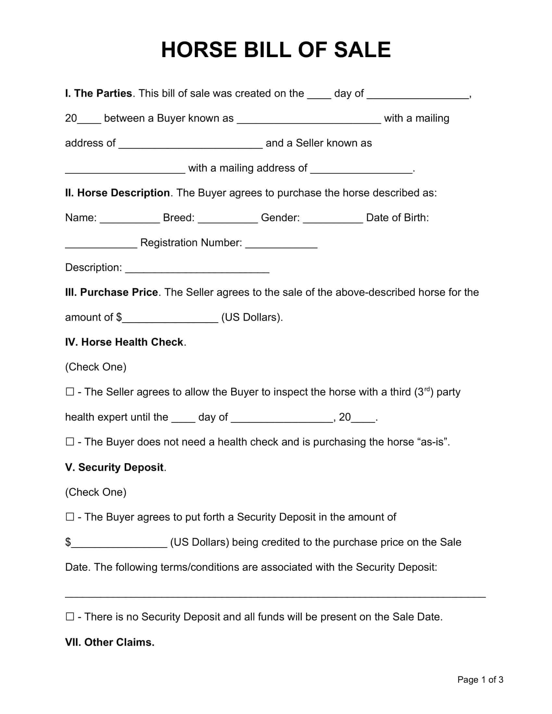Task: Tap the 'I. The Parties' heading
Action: pyautogui.click(x=98, y=93)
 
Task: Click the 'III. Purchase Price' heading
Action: pyautogui.click(x=111, y=292)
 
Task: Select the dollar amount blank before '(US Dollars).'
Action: pyautogui.click(x=170, y=319)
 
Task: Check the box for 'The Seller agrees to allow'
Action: pyautogui.click(x=70, y=392)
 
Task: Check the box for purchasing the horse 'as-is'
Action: pyautogui.click(x=70, y=442)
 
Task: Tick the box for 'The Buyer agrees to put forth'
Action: pyautogui.click(x=70, y=517)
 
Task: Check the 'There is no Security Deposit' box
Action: pyautogui.click(x=70, y=617)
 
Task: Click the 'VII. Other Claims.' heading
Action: pyautogui.click(x=109, y=642)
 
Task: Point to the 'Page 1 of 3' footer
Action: pyautogui.click(x=480, y=680)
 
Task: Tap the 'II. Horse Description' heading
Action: pyautogui.click(x=118, y=193)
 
